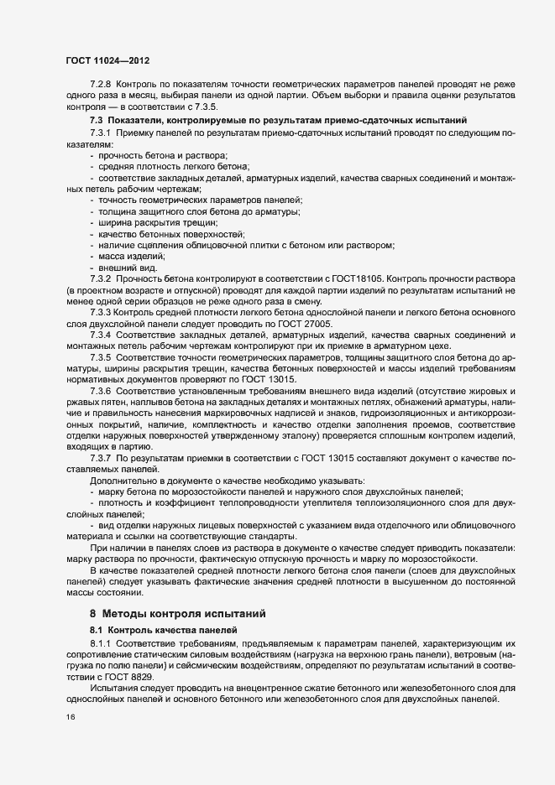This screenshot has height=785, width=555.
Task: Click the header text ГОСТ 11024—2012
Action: pyautogui.click(x=107, y=60)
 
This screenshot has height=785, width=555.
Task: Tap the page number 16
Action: pyautogui.click(x=70, y=718)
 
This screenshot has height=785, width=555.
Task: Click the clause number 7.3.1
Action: pyautogui.click(x=100, y=134)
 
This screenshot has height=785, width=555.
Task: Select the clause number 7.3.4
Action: pyautogui.click(x=100, y=335)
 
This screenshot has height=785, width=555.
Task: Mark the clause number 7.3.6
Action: pyautogui.click(x=100, y=392)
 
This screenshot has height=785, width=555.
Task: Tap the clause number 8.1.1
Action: pyautogui.click(x=100, y=644)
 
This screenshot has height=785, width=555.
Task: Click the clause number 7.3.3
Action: pyautogui.click(x=100, y=312)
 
